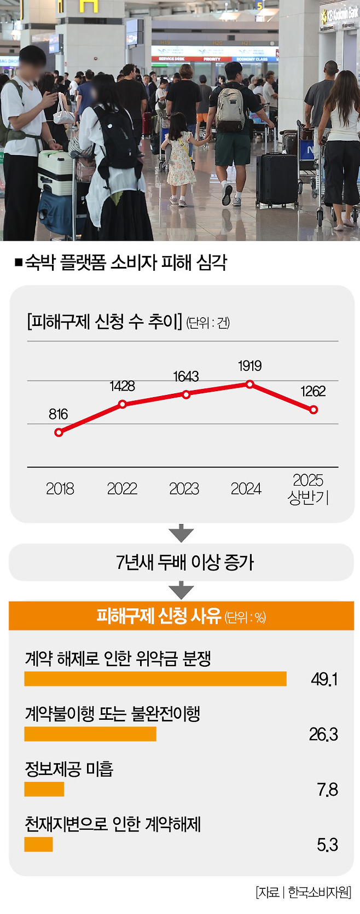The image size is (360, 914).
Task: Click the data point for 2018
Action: click(59, 432)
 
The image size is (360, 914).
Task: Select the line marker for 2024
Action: click(250, 385)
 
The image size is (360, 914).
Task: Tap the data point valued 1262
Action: click(313, 410)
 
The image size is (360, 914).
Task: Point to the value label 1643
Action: click(186, 376)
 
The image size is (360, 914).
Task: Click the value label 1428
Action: click(122, 386)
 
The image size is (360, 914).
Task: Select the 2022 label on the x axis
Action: click(122, 488)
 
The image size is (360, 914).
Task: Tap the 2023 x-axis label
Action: click(184, 488)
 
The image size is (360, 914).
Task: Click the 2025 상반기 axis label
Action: click(308, 488)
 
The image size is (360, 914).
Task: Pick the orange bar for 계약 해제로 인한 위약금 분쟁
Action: click(155, 679)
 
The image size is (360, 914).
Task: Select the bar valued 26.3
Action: click(90, 734)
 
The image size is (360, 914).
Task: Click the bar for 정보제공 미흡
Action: click(44, 789)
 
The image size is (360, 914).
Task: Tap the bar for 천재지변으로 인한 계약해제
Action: click(38, 845)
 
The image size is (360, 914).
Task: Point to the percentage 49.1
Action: click(324, 679)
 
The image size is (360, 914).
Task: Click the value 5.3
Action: click(327, 845)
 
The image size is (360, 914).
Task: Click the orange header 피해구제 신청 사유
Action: click(181, 616)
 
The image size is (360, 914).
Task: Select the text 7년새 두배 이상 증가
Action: click(185, 562)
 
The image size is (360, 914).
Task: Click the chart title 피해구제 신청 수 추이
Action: click(104, 322)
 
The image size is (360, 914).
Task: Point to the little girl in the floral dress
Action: click(181, 159)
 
